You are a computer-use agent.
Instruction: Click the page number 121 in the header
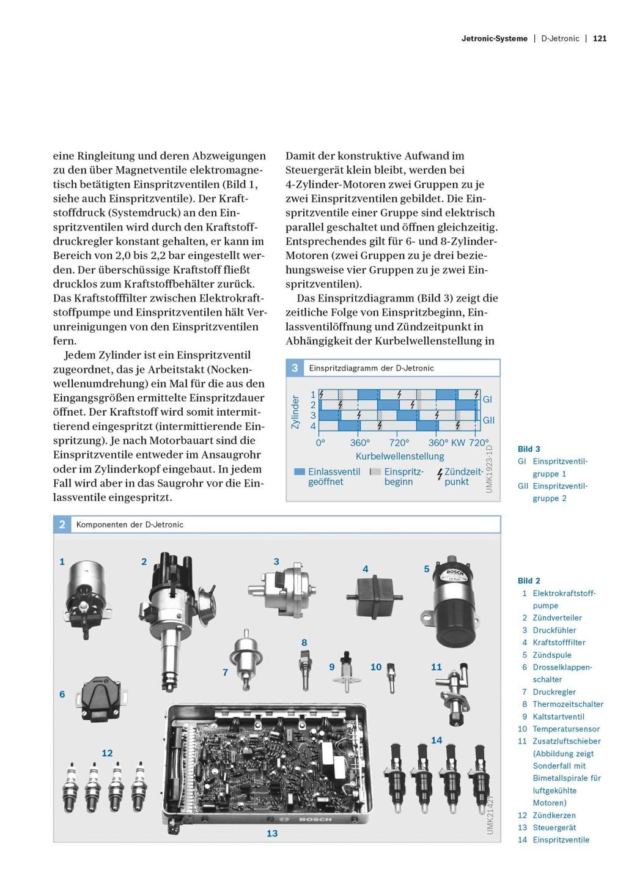[x=600, y=39]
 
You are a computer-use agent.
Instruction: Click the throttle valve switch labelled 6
[x=101, y=694]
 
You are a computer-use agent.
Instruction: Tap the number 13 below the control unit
[x=272, y=833]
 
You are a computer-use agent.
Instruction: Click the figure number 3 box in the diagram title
[x=295, y=368]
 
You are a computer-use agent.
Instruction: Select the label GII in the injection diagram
[x=488, y=420]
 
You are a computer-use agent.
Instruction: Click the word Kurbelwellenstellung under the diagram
[x=400, y=456]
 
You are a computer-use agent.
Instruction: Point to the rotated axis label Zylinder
[x=296, y=411]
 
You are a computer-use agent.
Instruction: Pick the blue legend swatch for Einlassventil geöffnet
[x=300, y=471]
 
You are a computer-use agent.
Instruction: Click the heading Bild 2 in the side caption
[x=529, y=581]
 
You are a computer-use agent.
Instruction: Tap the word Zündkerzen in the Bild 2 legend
[x=554, y=815]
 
